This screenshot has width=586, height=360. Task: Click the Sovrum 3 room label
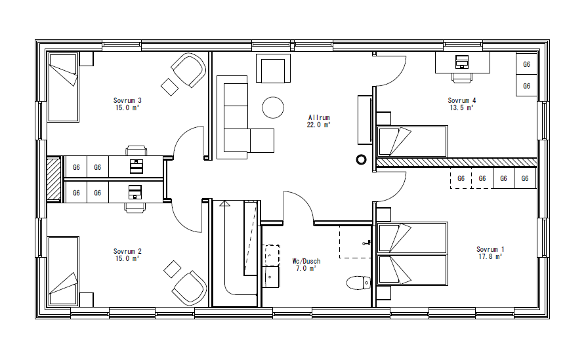(128, 100)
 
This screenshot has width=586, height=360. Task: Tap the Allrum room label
(319, 117)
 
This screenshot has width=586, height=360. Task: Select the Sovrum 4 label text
(462, 100)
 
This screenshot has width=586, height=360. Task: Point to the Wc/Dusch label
(306, 261)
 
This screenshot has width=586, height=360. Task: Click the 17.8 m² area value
(489, 257)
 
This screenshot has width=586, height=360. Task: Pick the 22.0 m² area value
(319, 125)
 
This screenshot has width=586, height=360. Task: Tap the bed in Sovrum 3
(63, 87)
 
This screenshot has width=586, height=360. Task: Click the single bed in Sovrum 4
(413, 142)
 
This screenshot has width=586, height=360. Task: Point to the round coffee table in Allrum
(273, 107)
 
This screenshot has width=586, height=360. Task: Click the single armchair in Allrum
(273, 69)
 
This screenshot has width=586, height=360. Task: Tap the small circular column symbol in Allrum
(360, 159)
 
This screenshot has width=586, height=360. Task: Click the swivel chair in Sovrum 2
(188, 287)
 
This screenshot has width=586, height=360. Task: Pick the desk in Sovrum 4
(463, 62)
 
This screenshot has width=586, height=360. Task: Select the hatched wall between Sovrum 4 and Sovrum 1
(456, 162)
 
